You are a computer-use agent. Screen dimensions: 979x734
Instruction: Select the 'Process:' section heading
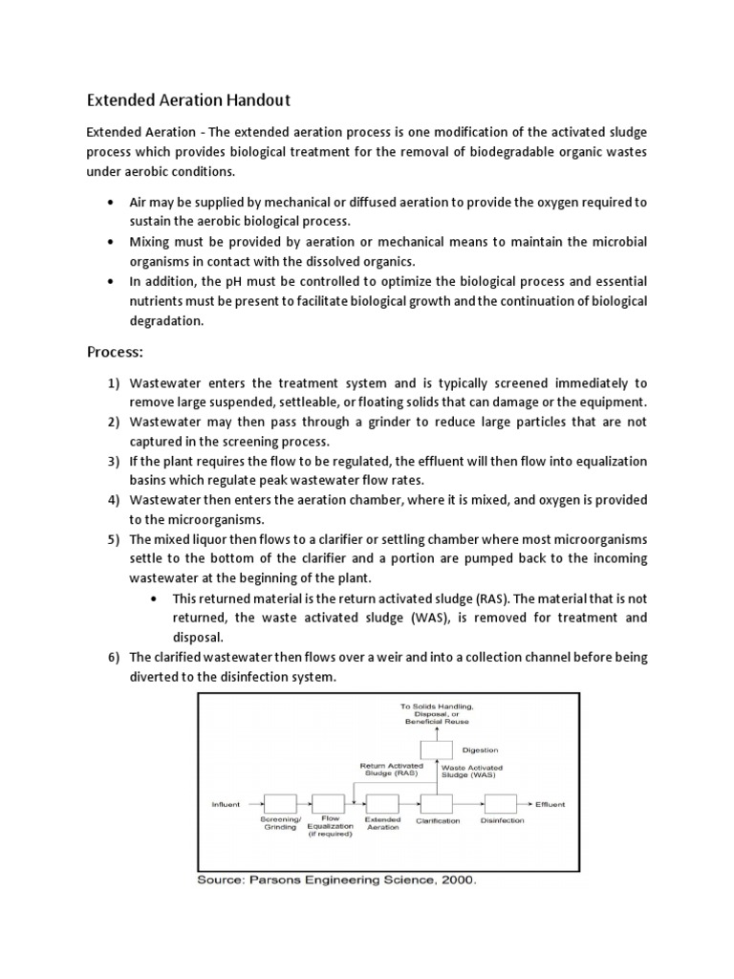point(115,352)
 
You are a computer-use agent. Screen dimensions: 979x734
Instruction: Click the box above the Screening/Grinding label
point(280,804)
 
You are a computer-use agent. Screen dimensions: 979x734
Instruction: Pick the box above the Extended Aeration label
point(382,804)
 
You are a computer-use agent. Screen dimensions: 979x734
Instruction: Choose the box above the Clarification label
point(437,804)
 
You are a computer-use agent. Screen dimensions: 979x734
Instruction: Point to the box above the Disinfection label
point(502,804)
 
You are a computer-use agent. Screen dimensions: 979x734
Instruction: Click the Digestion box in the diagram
point(437,751)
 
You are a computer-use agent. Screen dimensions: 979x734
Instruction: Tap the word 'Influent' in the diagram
point(226,804)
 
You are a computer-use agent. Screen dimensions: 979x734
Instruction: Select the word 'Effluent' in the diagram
point(550,804)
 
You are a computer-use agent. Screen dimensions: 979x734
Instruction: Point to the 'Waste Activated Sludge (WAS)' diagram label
point(472,770)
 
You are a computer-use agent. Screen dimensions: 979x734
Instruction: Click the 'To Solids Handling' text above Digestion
point(437,706)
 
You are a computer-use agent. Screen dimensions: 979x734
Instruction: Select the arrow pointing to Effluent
point(525,804)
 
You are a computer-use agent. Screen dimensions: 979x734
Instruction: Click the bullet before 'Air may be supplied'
point(113,203)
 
